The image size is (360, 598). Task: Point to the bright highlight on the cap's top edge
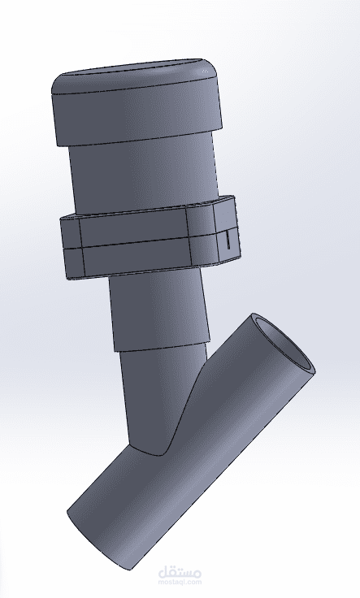205,71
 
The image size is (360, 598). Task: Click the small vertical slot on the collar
228,240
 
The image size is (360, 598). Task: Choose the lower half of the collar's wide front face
137,256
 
